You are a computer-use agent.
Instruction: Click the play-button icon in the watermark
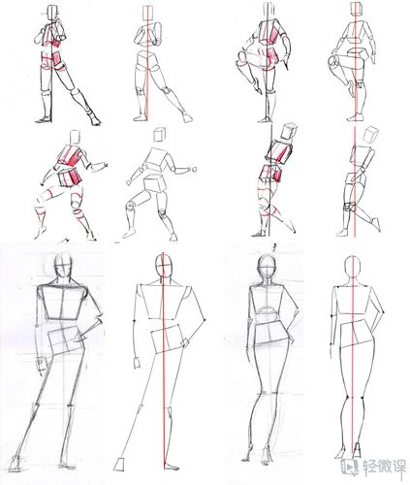[x=349, y=467]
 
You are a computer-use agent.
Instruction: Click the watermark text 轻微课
[x=384, y=467]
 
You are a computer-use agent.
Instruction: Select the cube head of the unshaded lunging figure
[x=160, y=135]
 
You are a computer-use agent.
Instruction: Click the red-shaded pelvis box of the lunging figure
[x=69, y=178]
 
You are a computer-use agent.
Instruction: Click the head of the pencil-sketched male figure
[x=62, y=265]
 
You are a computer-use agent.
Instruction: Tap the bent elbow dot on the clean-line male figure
[x=205, y=320]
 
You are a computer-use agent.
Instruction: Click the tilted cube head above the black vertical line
[x=289, y=131]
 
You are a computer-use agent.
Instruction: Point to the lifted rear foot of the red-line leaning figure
[x=376, y=224]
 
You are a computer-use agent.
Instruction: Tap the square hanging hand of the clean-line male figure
[x=137, y=363]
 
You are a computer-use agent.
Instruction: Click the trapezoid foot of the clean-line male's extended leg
[x=119, y=466]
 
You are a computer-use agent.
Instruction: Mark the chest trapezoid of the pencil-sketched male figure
[x=63, y=303]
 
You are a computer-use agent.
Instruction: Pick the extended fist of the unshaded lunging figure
[x=195, y=169]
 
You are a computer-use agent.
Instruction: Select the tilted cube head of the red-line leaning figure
[x=370, y=135]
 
